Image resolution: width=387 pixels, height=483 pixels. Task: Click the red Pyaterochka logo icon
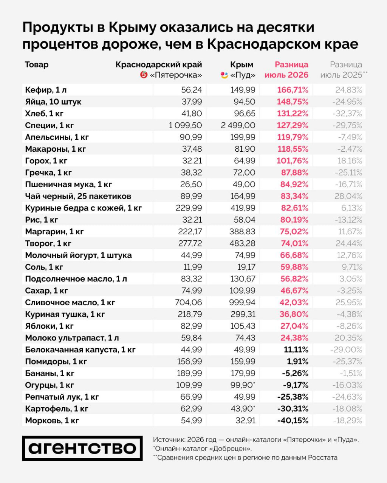(x=144, y=74)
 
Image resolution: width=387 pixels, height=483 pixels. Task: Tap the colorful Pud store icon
(x=224, y=75)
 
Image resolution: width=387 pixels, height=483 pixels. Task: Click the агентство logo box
(x=82, y=448)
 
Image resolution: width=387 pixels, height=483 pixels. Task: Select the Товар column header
(x=37, y=65)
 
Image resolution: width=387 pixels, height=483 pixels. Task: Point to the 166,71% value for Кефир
(x=293, y=90)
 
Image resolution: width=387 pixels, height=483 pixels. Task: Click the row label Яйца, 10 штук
(x=53, y=102)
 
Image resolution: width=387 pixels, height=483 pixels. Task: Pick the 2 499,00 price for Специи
(x=238, y=125)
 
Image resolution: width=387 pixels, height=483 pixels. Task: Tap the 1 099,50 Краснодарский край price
(x=185, y=125)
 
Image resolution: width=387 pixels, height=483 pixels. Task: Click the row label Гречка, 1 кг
(x=48, y=172)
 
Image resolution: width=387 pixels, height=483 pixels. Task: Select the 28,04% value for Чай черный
(x=348, y=196)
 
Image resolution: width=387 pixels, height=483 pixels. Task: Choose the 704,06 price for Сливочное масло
(x=189, y=303)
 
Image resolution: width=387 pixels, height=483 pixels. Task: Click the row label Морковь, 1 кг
(x=52, y=421)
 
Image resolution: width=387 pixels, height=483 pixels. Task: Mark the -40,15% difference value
(x=293, y=421)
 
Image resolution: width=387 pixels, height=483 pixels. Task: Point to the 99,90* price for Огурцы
(x=243, y=385)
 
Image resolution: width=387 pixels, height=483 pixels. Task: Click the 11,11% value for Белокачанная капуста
(x=296, y=350)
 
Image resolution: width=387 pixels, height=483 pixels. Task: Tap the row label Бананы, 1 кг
(x=50, y=373)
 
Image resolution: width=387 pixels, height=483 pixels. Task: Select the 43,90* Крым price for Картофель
(x=243, y=409)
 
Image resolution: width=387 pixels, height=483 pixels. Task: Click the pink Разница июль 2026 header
(x=286, y=70)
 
